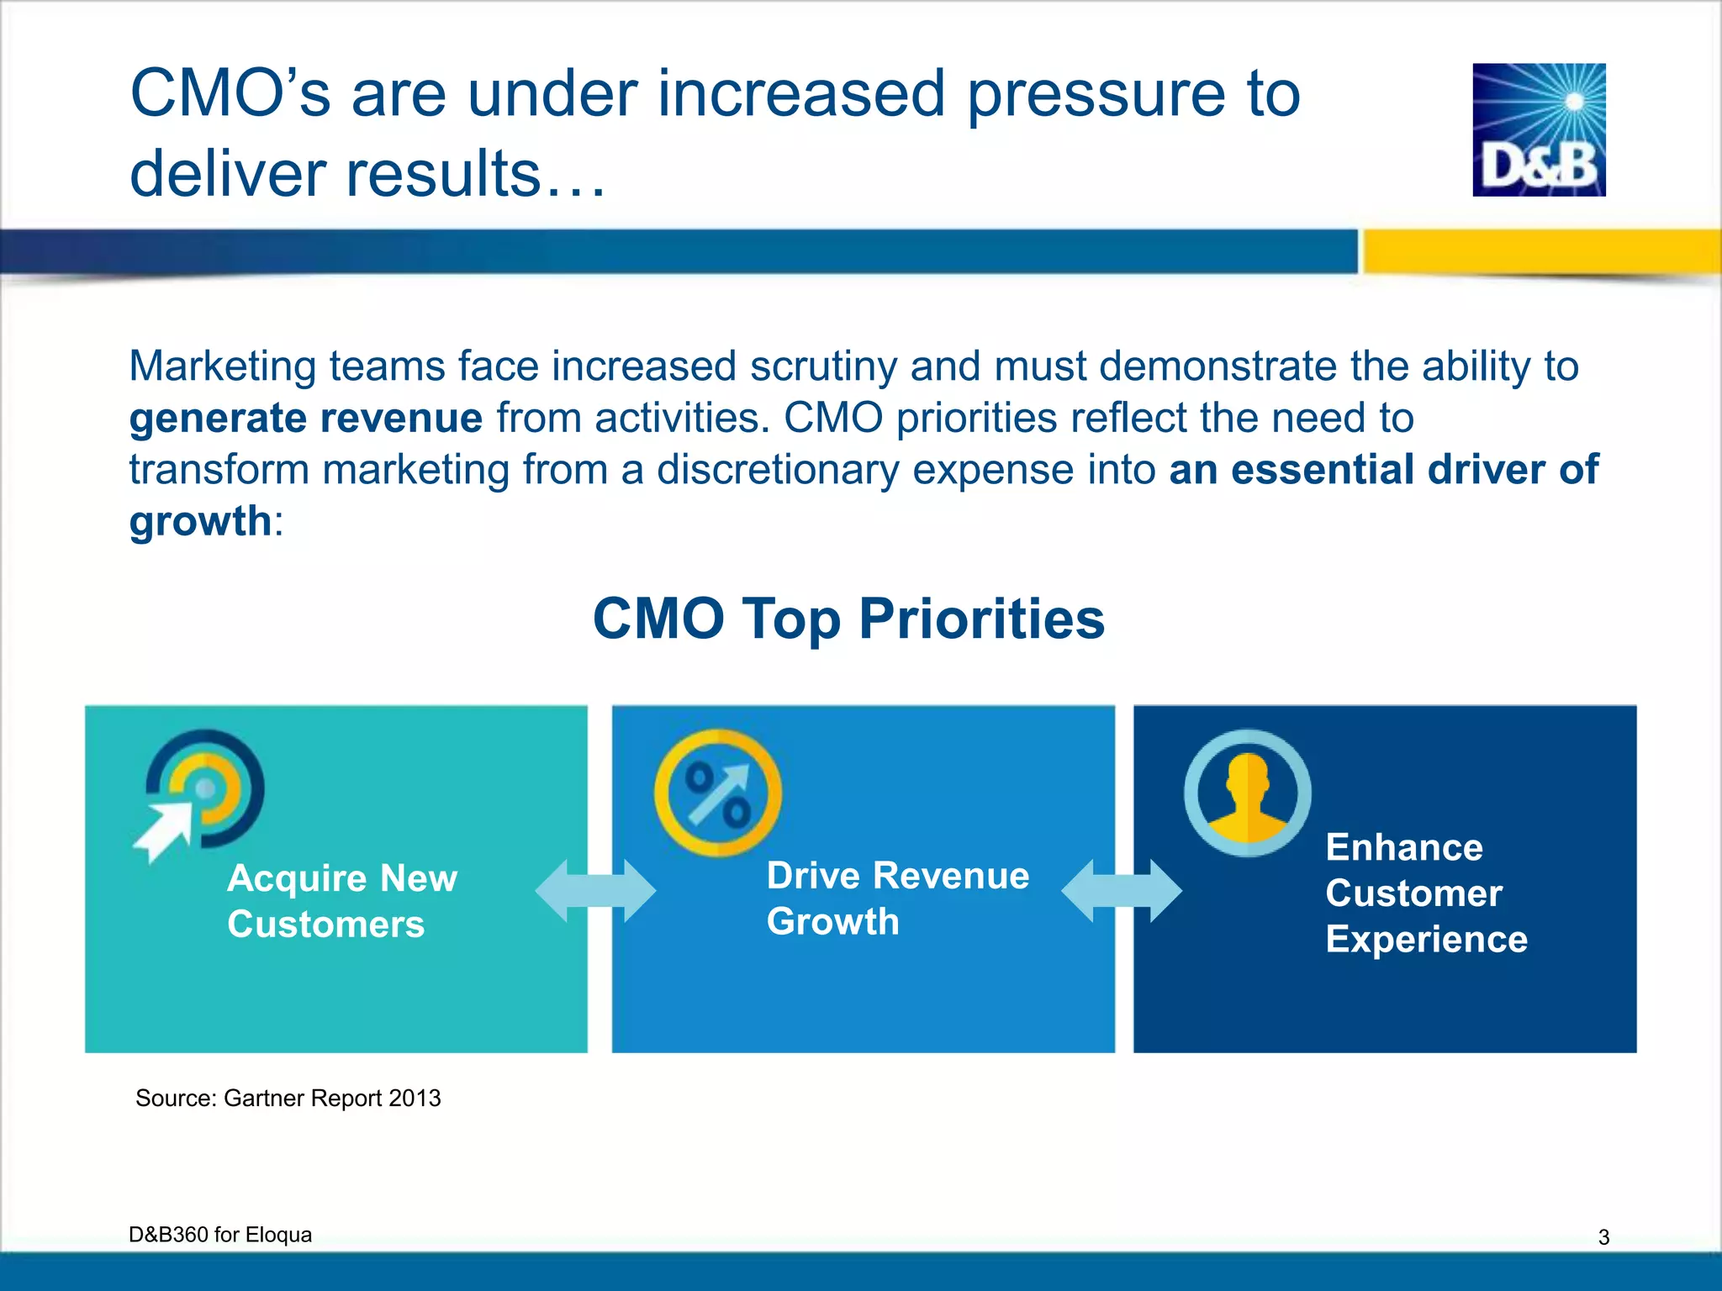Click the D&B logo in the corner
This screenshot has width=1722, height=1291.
click(1539, 130)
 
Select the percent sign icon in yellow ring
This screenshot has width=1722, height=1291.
click(717, 793)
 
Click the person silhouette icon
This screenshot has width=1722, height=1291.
click(1247, 793)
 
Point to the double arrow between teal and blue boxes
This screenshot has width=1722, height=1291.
click(595, 891)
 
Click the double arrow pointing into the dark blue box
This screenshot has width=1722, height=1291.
click(1121, 891)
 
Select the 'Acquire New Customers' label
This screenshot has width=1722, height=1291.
click(341, 901)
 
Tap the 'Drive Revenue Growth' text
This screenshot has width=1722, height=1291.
click(897, 898)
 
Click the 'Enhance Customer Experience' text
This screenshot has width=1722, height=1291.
click(1425, 893)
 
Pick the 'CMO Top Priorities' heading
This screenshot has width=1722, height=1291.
click(848, 619)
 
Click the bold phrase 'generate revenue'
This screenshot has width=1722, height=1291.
click(306, 418)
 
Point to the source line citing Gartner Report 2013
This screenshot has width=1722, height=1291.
click(288, 1099)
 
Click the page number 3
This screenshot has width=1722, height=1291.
click(1603, 1237)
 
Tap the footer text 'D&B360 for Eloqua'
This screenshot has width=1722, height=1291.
click(220, 1235)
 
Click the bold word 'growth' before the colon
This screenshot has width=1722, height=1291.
click(200, 521)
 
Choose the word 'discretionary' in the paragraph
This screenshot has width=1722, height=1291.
click(778, 470)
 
